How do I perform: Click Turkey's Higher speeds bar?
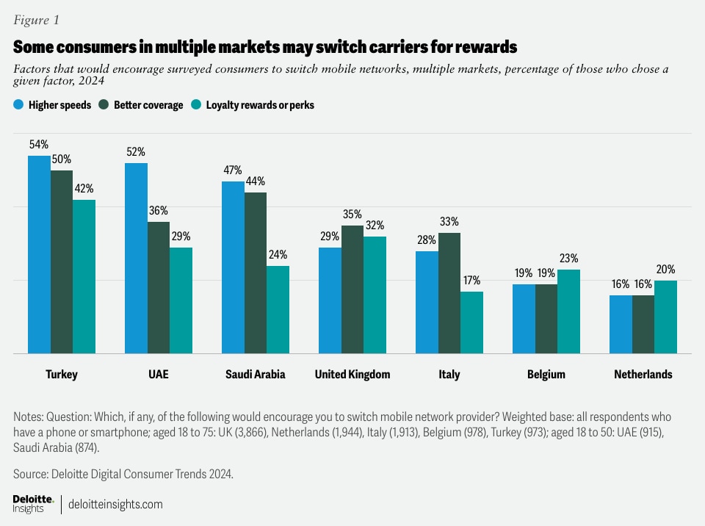coord(39,255)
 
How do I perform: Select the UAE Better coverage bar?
coord(159,288)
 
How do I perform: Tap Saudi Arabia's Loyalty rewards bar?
coord(278,310)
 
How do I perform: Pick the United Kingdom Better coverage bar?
coord(352,289)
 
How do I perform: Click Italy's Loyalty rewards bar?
coord(471,323)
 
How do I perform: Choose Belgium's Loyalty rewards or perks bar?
coord(568,311)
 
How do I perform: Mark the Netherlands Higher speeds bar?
coord(621,324)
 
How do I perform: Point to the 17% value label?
coord(471,280)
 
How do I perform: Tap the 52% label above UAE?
coord(136,151)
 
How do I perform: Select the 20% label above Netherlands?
coord(665,269)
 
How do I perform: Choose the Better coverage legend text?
coord(148,105)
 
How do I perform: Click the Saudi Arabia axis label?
coord(255,375)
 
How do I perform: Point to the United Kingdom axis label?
coord(352,375)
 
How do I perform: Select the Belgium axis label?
coord(546,375)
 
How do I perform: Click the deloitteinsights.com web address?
coord(115,505)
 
